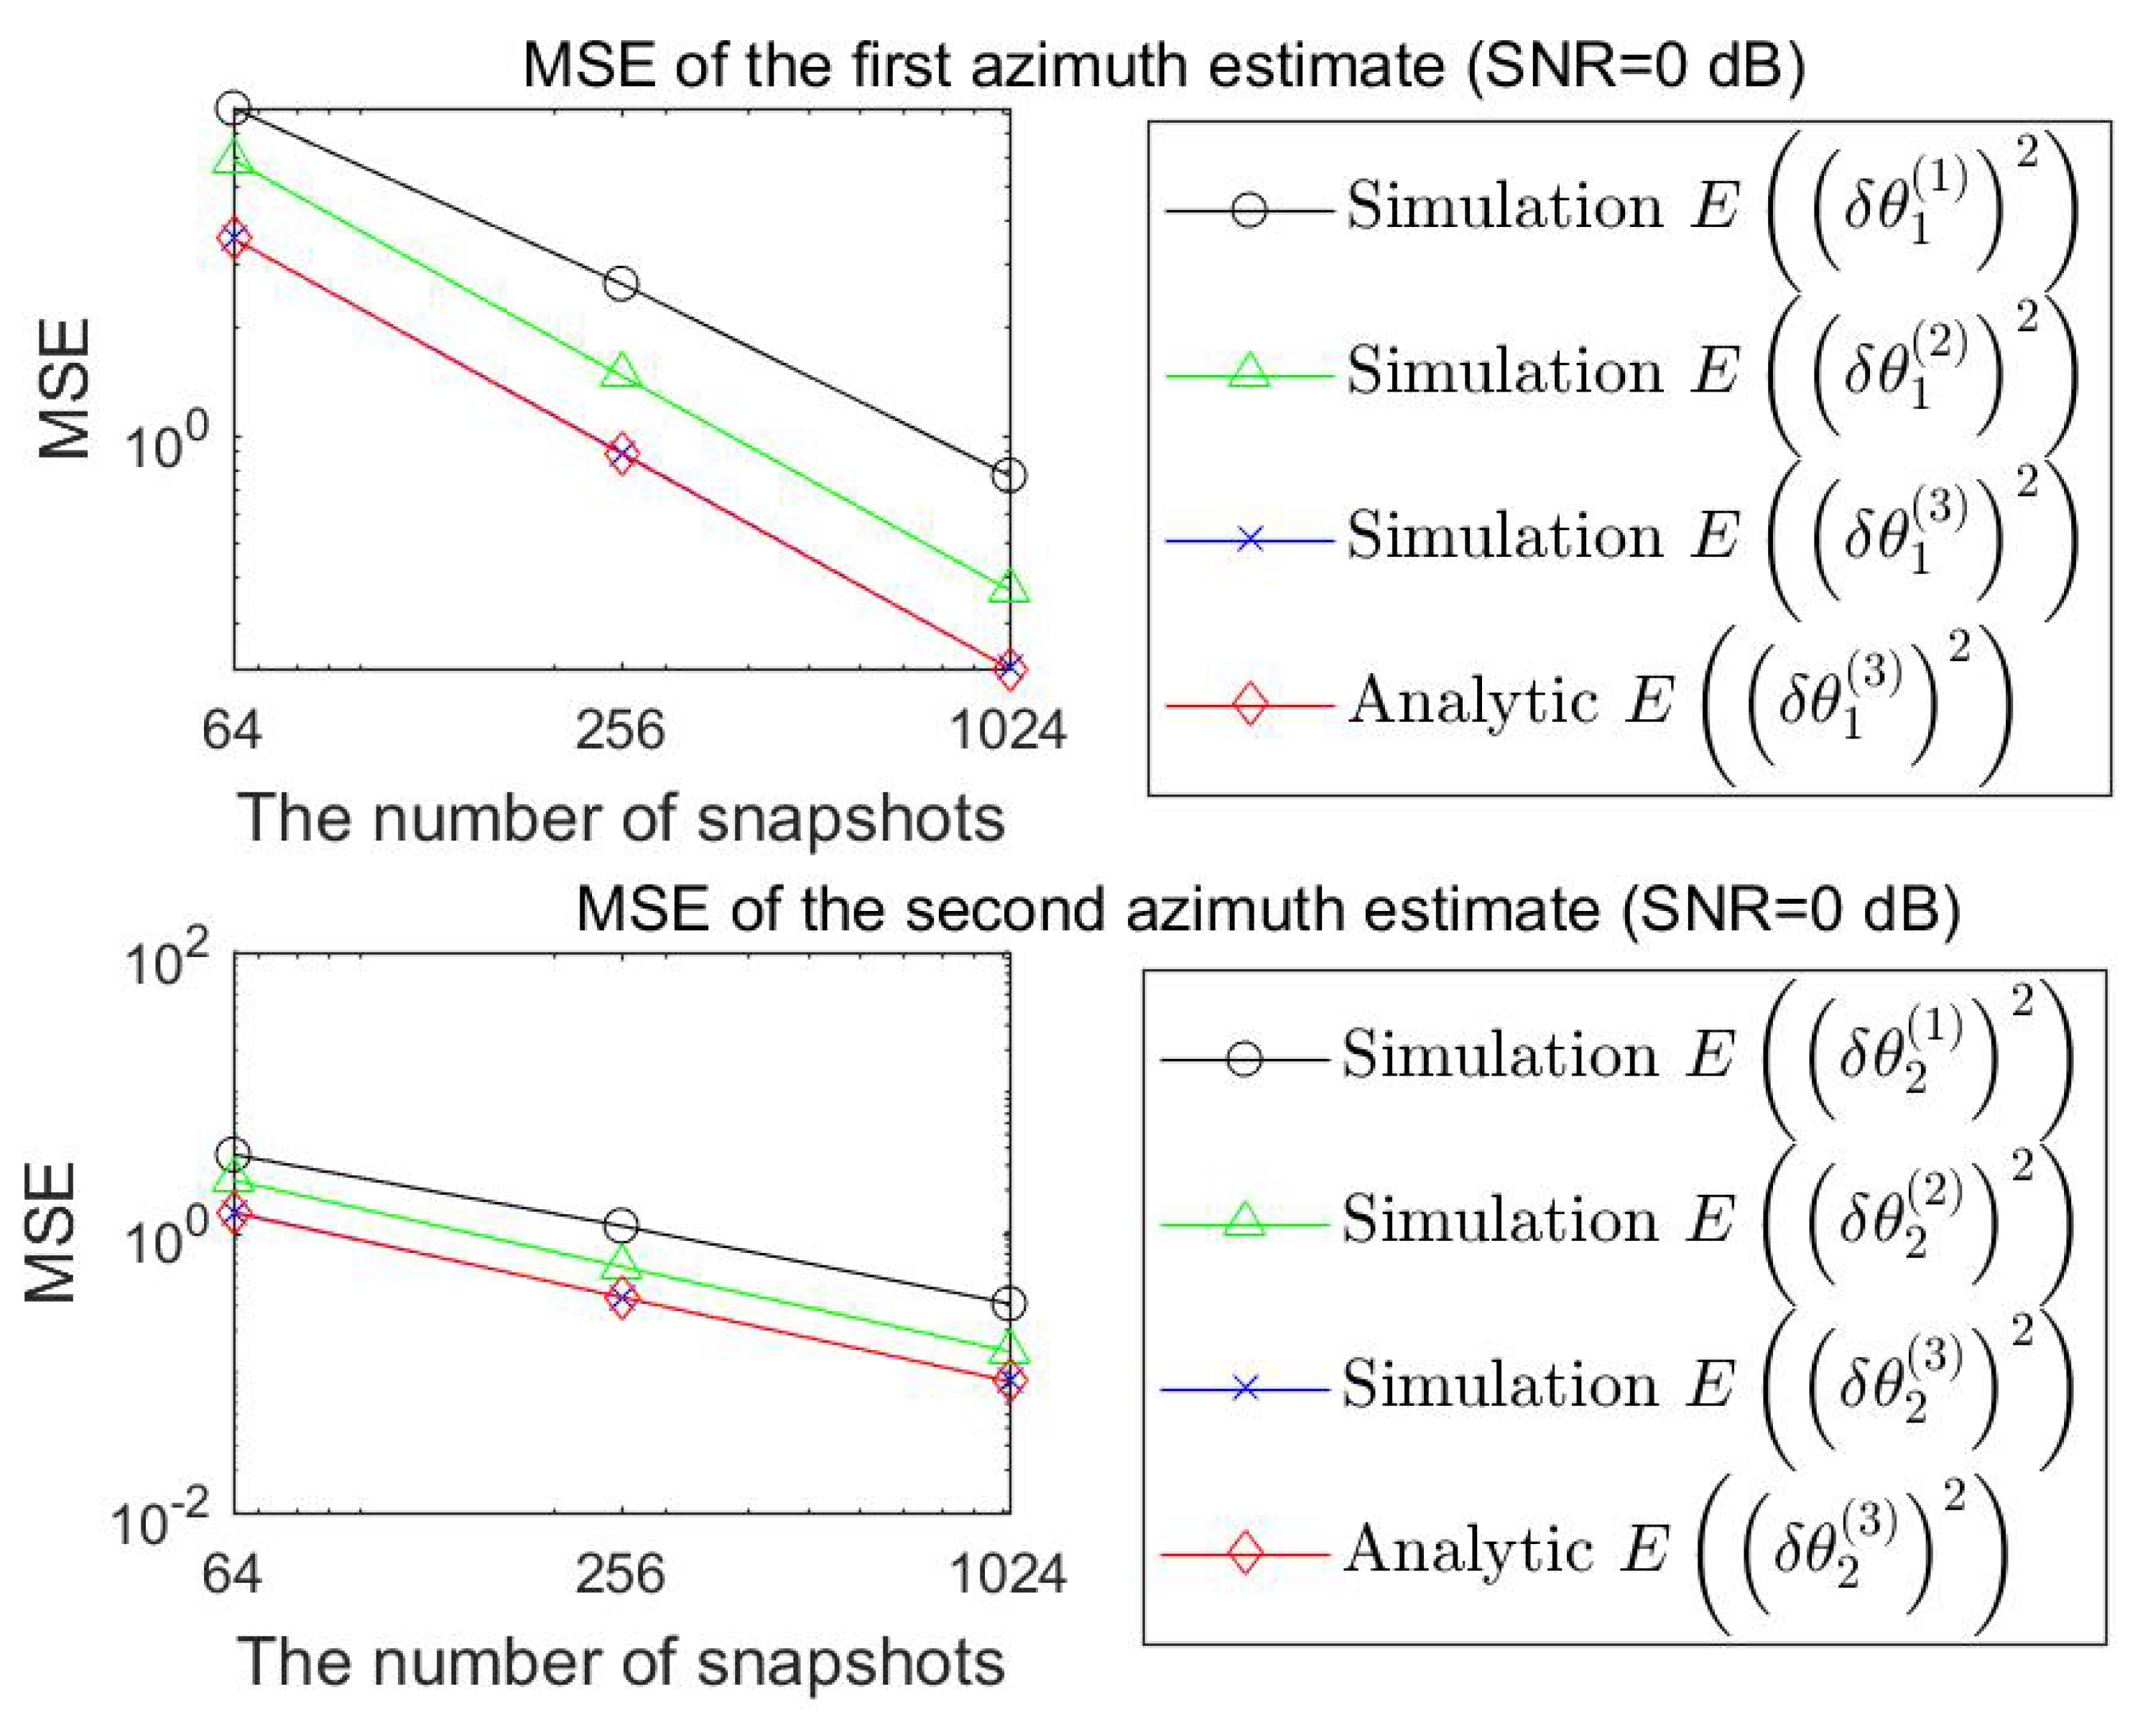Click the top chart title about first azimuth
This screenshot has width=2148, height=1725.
coord(1164,66)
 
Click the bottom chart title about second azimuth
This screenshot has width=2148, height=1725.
coord(1267,909)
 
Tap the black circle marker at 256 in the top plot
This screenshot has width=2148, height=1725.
coord(621,284)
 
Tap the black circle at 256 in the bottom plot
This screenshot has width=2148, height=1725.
coord(621,1226)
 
